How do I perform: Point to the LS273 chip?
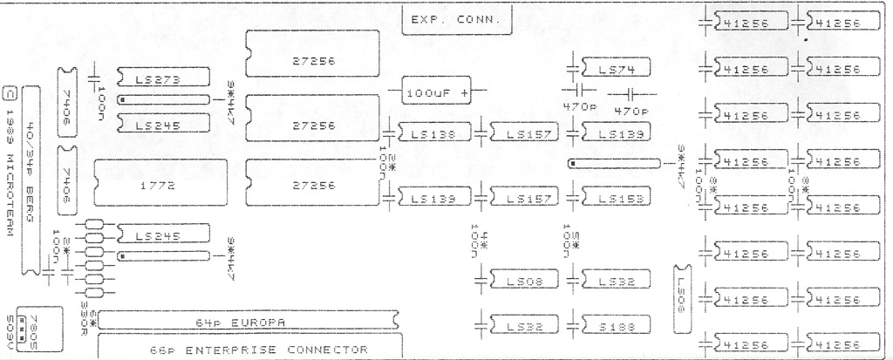coord(161,80)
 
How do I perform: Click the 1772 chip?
coord(147,186)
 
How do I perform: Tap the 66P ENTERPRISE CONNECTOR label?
coord(253,349)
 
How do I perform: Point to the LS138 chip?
coord(436,133)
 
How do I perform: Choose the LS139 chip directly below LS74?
coord(614,133)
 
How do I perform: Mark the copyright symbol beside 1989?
coord(10,91)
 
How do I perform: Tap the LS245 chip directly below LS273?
coord(161,125)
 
